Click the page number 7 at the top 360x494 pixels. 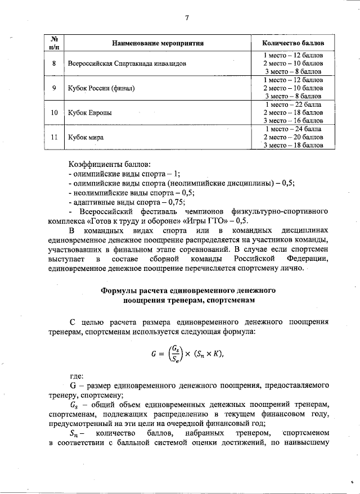(x=186, y=18)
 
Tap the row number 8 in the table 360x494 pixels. (x=54, y=64)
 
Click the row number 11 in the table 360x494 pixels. (x=54, y=137)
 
